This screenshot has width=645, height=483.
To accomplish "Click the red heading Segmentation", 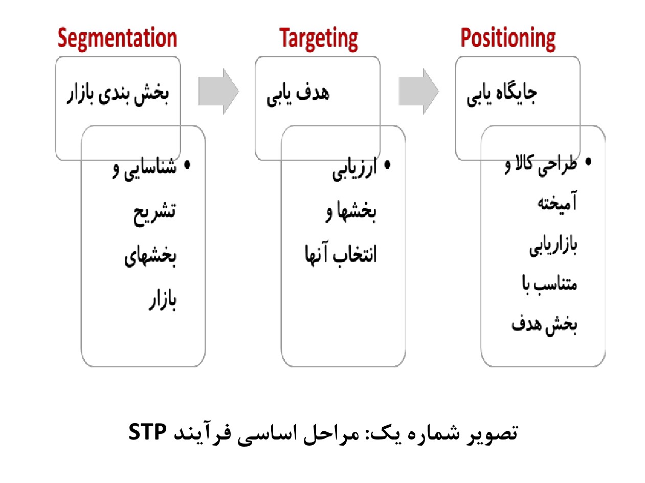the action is pos(117,38).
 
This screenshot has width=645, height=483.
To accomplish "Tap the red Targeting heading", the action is pos(319,39).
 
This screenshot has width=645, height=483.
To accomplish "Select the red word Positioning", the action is pos(508,39).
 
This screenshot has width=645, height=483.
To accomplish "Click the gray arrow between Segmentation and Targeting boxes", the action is pos(219,92).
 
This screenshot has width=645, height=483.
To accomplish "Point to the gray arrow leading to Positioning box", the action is pos(419,92).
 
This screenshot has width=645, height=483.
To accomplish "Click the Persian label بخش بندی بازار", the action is pos(118,94).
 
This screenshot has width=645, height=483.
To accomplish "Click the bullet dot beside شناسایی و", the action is pos(187,165).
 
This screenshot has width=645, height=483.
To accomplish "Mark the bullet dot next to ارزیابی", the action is pos(388,165).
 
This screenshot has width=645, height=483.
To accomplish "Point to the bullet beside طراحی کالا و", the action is pos(588,162).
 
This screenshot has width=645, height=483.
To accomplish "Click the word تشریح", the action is pos(154,214).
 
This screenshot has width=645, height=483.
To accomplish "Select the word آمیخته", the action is pos(557,202).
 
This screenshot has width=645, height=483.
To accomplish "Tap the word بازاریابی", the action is pos(553,246).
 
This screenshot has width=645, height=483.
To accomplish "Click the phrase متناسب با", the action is pos(549,284).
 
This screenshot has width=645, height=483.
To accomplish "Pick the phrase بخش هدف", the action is pos(544,325).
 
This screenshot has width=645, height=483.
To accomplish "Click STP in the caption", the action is pos(147,432).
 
